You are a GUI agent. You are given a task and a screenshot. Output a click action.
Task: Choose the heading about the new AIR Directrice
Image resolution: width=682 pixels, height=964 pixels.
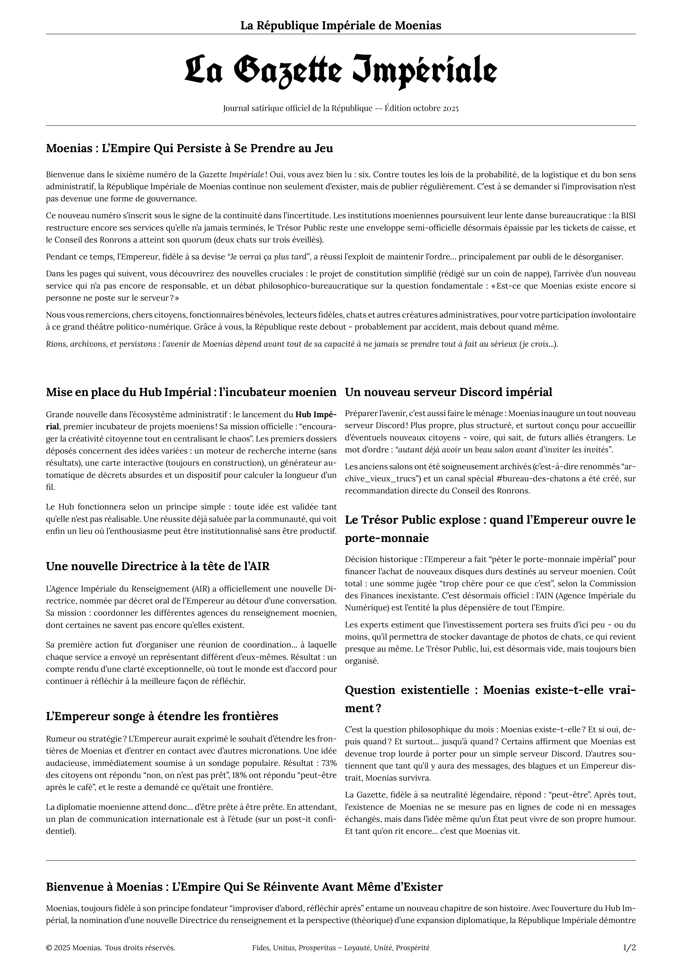click(157, 566)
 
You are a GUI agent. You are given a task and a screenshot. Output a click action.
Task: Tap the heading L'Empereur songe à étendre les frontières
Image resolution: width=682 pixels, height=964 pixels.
click(162, 716)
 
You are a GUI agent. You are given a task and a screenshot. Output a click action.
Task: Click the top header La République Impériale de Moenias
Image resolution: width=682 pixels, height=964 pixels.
click(341, 26)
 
